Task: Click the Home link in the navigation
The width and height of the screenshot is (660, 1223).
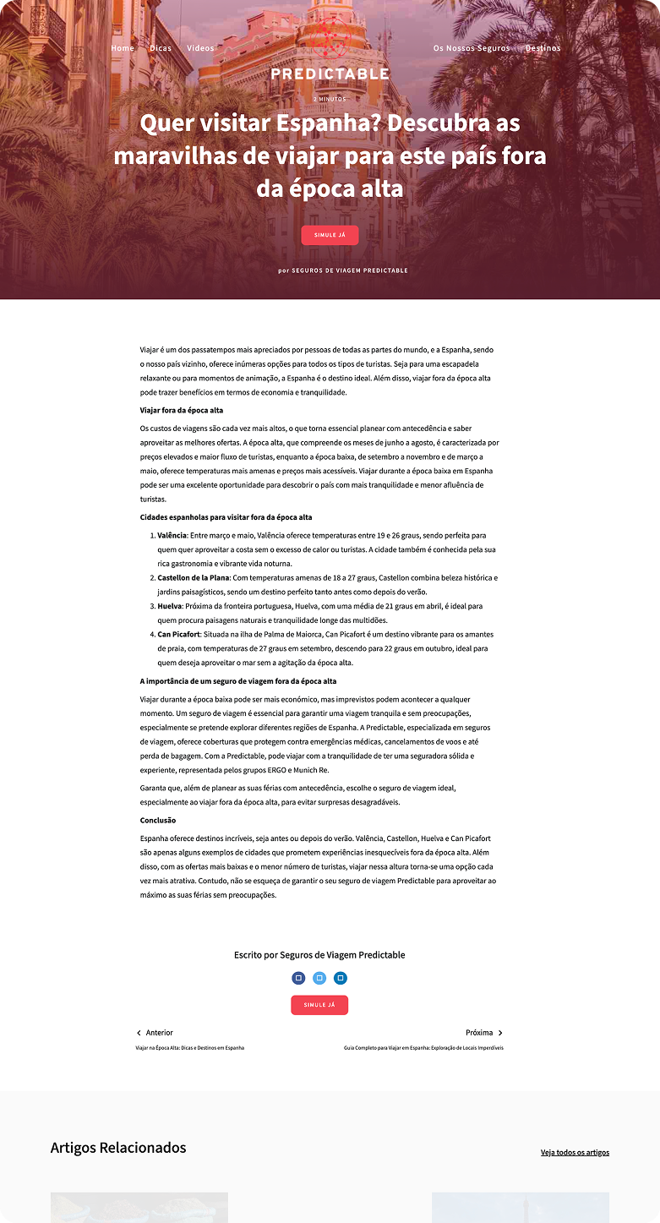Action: [123, 48]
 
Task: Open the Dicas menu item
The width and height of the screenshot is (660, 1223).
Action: [161, 48]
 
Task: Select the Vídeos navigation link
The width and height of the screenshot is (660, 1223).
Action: [200, 48]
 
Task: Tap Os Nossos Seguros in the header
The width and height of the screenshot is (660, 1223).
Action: [472, 48]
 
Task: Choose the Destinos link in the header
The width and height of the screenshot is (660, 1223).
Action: [543, 48]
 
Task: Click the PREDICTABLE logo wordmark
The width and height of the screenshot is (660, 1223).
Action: [330, 74]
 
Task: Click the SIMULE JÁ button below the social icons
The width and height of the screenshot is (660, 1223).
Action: [319, 1005]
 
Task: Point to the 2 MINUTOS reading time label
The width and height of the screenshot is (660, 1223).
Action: [330, 99]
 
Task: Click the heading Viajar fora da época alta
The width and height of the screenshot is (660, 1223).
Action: [182, 410]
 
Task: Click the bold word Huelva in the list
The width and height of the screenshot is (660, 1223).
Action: [169, 606]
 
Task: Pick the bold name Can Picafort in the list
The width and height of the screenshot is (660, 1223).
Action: [180, 634]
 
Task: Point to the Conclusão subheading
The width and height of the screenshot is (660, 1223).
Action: [158, 820]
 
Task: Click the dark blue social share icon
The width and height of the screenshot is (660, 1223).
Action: [298, 978]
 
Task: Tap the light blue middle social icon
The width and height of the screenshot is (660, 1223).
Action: [319, 978]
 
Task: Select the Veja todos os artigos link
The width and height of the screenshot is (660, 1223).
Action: [575, 1152]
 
